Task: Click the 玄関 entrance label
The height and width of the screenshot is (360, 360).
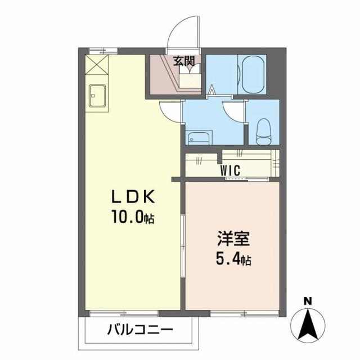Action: click(184, 61)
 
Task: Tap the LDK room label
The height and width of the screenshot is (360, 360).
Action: click(133, 197)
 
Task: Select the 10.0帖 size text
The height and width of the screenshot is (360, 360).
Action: click(133, 217)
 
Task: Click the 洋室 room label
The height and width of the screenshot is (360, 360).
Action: click(233, 238)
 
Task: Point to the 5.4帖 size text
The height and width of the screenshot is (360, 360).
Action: click(233, 259)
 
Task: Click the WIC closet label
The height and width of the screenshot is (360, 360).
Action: click(230, 170)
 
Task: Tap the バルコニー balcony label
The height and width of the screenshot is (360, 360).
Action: click(140, 330)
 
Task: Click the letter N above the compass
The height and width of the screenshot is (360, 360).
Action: click(308, 301)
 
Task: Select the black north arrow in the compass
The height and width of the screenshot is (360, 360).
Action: click(308, 324)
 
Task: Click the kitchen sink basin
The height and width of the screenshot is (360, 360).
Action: click(97, 96)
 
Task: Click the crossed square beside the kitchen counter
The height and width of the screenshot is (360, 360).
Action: click(97, 65)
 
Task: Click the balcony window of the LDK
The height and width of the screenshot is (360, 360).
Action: click(124, 313)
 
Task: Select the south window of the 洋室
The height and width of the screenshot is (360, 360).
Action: click(245, 313)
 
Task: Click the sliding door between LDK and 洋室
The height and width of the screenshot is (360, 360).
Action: click(183, 246)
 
